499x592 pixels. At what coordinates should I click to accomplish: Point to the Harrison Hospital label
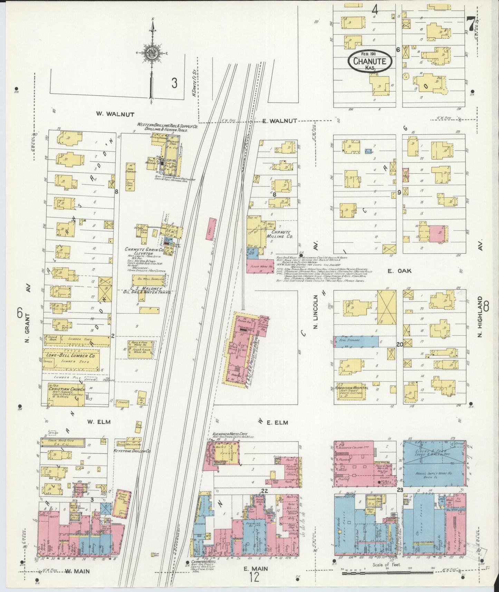pyautogui.click(x=352, y=388)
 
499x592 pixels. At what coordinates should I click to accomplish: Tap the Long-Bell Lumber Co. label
pyautogui.click(x=71, y=355)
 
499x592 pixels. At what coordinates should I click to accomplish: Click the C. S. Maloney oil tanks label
pyautogui.click(x=147, y=289)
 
